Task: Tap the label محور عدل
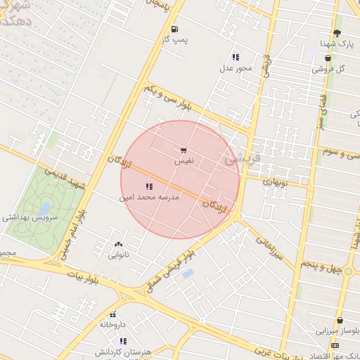[235, 68]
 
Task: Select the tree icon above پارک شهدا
[337, 32]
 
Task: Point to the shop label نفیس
[184, 160]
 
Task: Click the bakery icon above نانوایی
[117, 245]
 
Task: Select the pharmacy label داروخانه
[112, 325]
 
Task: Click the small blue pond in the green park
[44, 209]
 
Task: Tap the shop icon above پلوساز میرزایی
[339, 321]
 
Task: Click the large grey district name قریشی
[242, 160]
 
